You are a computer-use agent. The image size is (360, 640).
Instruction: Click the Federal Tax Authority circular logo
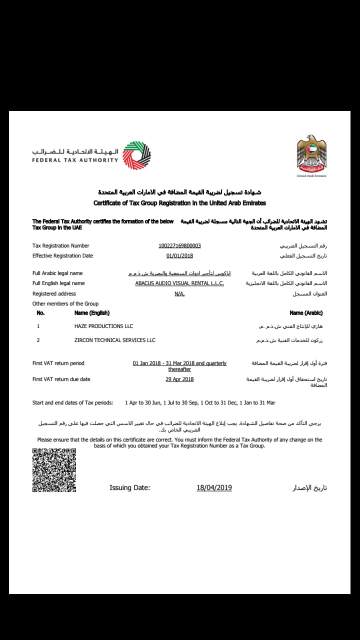(x=136, y=155)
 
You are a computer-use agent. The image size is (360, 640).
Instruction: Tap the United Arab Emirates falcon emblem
(x=311, y=154)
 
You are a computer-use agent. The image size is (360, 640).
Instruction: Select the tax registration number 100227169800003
(x=179, y=245)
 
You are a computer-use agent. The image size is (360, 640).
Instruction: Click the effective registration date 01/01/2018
(x=179, y=255)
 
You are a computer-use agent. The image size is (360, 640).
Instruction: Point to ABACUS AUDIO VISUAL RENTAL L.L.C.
(x=179, y=283)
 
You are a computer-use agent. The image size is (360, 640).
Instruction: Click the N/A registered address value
(x=179, y=293)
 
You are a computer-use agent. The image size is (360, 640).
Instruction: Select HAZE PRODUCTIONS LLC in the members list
(x=103, y=326)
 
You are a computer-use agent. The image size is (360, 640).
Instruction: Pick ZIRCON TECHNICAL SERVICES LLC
(x=114, y=340)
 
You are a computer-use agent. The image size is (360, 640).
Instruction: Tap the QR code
(x=54, y=470)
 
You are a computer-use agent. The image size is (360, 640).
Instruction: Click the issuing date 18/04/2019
(x=214, y=487)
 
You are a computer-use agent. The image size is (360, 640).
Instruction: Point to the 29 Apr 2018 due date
(x=179, y=379)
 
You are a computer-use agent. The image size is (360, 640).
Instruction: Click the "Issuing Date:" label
(x=129, y=487)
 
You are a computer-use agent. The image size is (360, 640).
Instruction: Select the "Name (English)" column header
(x=91, y=313)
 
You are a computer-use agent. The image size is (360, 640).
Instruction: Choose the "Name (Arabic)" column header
(x=306, y=313)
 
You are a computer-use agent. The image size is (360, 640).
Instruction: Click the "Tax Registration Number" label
(x=60, y=245)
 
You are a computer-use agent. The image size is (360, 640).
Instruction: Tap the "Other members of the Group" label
(x=65, y=303)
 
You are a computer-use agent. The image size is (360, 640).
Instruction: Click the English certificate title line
(x=179, y=203)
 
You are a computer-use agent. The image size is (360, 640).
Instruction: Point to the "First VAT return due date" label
(x=61, y=379)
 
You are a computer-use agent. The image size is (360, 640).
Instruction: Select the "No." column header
(x=40, y=313)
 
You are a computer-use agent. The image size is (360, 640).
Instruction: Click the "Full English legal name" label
(x=58, y=283)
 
